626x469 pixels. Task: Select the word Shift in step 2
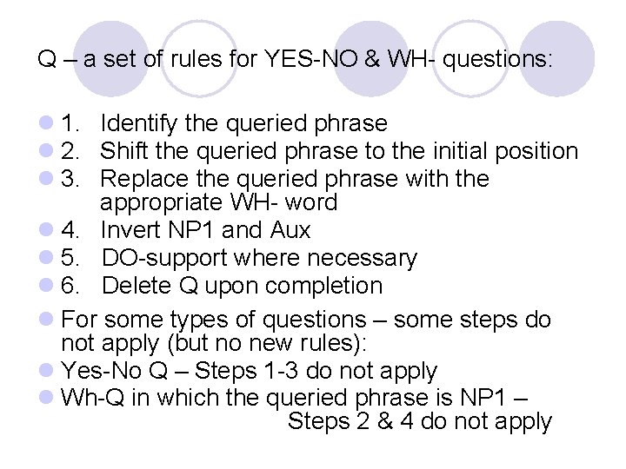point(124,151)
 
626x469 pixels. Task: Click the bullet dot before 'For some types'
point(45,320)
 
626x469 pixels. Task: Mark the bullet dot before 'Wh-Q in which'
point(45,398)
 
